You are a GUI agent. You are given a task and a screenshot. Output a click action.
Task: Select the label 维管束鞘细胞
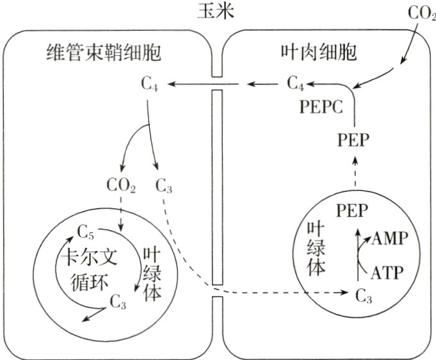coord(104,52)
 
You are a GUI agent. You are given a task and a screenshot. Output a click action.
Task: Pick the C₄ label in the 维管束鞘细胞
coord(148,83)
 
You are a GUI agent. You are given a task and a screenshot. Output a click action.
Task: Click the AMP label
coord(388,238)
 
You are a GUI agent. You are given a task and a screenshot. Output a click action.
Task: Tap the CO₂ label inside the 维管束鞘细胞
coord(121,188)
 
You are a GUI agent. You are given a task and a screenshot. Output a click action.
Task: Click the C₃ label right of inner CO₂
coord(164,188)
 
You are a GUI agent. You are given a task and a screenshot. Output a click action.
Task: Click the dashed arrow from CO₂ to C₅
coord(121,211)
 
